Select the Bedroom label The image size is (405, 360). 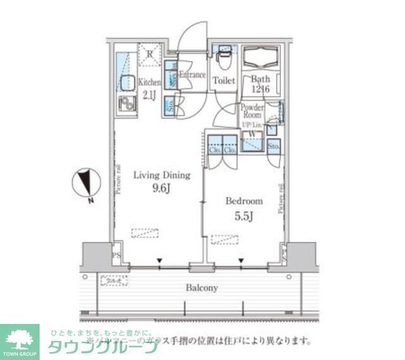point(244,201)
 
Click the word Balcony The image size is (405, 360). point(202,287)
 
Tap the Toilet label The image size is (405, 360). point(223,80)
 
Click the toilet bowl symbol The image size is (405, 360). point(222,59)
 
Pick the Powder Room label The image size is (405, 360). point(252,111)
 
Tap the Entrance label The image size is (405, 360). point(192,75)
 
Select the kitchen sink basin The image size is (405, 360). point(125,82)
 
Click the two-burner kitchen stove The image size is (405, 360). point(127,104)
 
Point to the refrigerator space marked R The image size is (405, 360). point(149,54)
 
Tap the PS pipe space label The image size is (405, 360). point(116,257)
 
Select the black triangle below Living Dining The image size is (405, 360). point(160,260)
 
